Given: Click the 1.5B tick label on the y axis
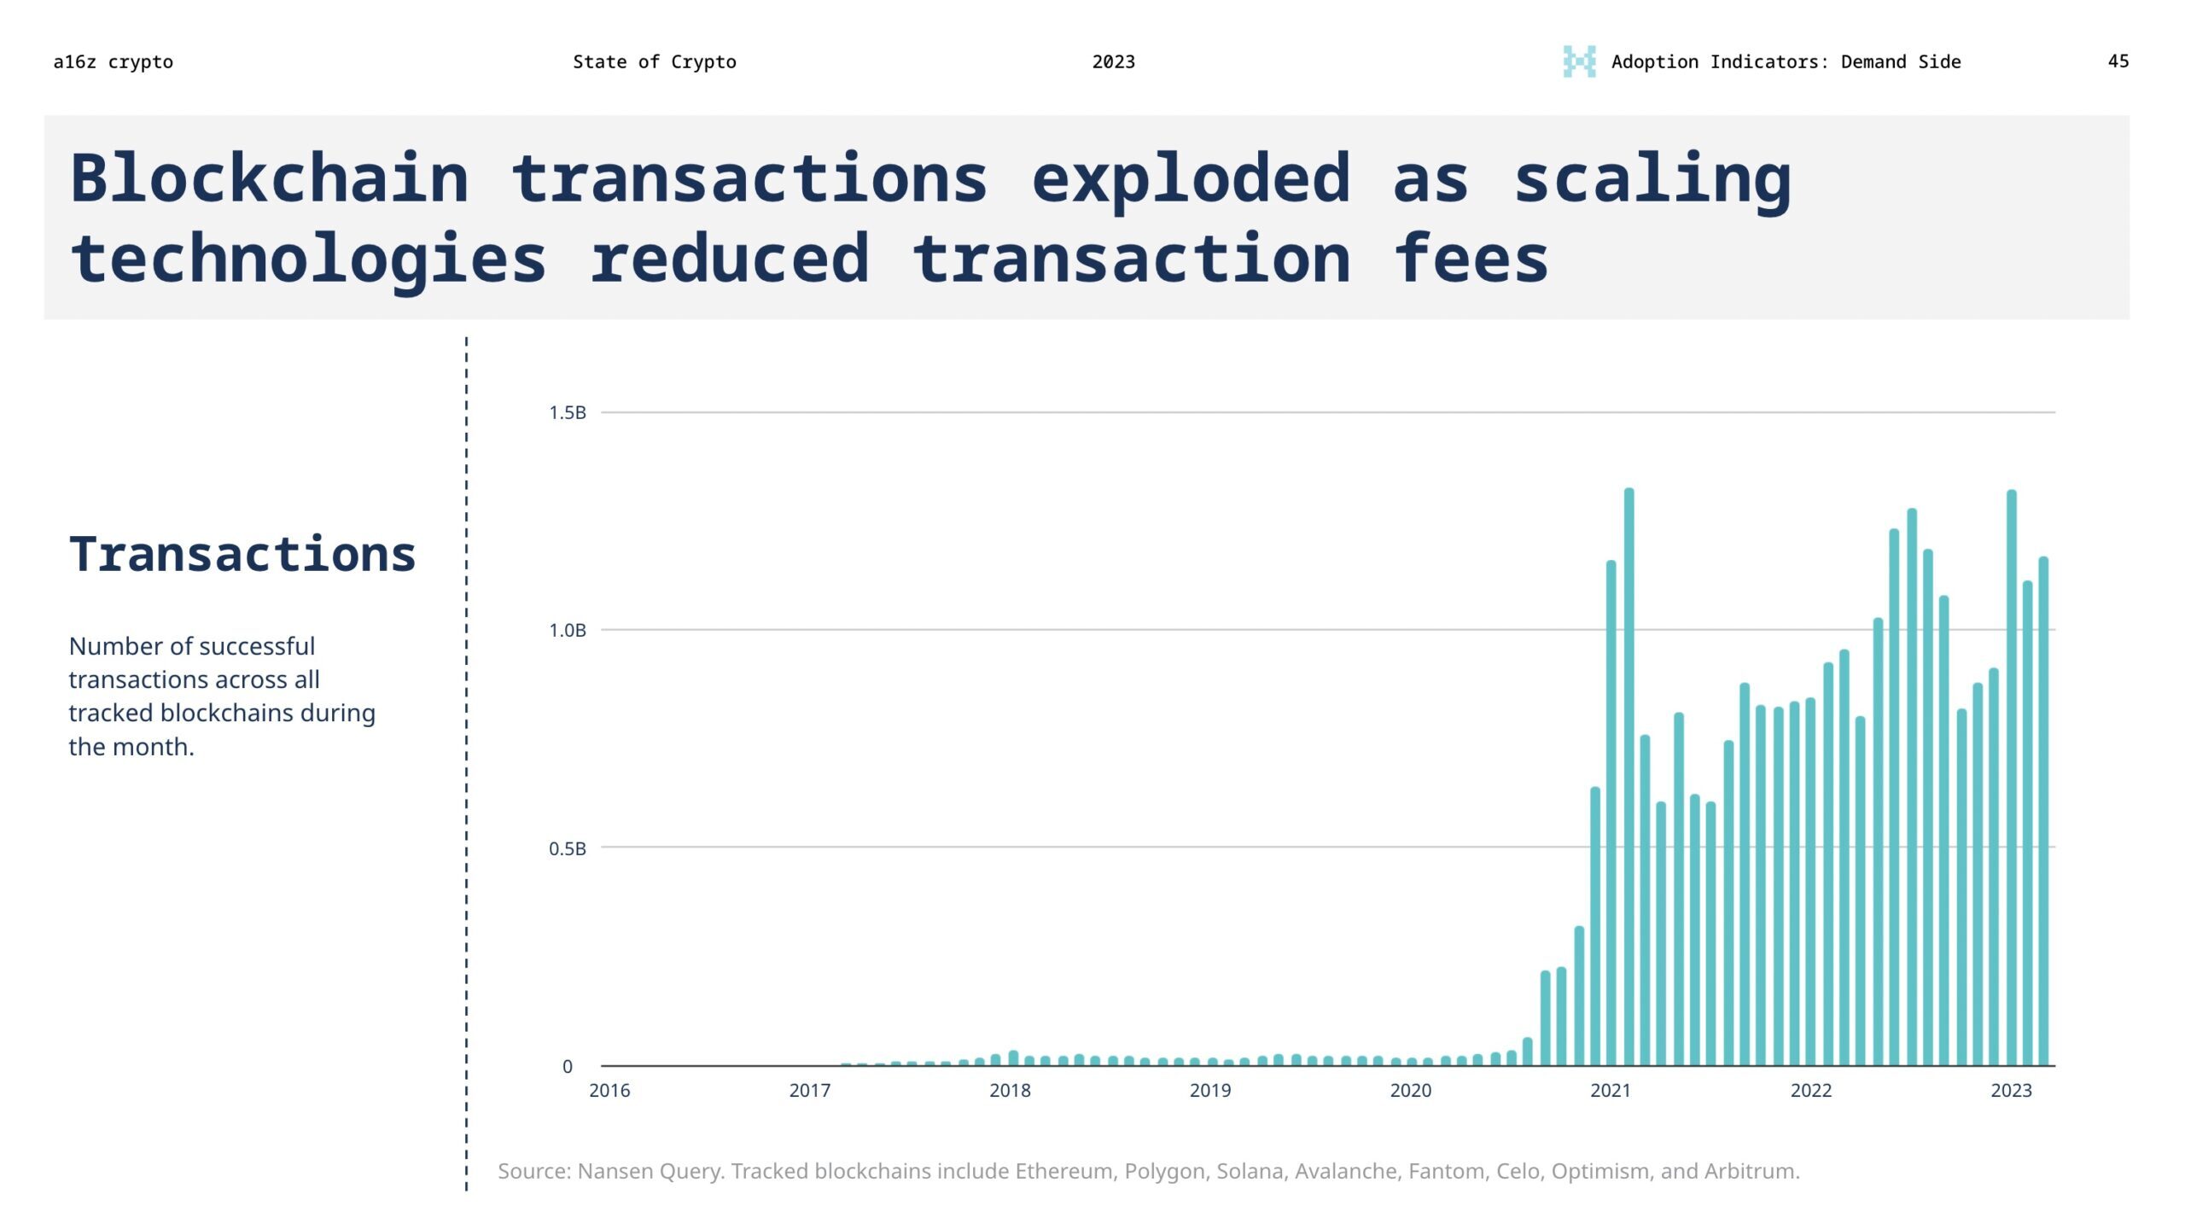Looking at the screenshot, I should (567, 413).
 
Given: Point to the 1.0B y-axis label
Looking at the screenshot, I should (567, 631).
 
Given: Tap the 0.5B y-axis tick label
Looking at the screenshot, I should (567, 849).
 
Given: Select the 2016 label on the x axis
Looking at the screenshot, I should (609, 1091).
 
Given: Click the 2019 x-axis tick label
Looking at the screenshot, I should (1210, 1091).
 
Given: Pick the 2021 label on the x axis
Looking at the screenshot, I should (1611, 1091).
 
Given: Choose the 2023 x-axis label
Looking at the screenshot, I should (2012, 1091).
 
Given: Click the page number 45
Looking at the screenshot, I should (2118, 61).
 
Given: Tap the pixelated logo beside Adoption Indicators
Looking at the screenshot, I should (1579, 61).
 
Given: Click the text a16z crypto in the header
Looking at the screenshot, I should (113, 62).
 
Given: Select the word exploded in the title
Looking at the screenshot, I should (1191, 179).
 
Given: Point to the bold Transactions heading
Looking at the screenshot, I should (242, 554).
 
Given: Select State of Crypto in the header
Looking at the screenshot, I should (654, 62).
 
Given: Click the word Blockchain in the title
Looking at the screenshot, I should (270, 179).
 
